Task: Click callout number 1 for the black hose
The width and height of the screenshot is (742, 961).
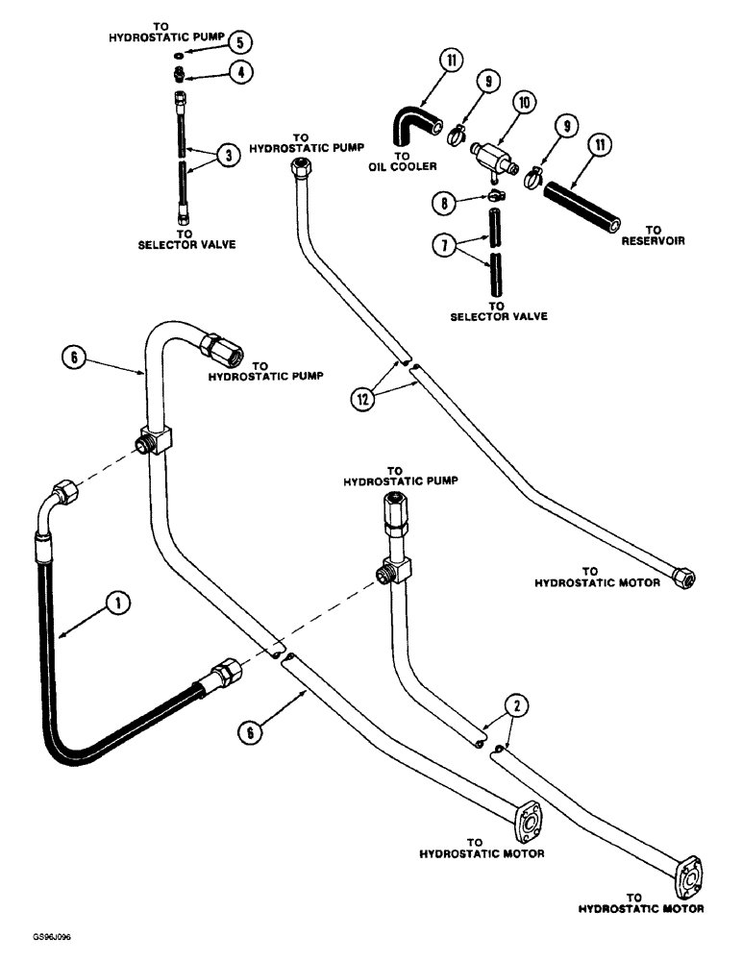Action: coord(115,604)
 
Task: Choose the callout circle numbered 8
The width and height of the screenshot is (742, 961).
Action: coord(443,203)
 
